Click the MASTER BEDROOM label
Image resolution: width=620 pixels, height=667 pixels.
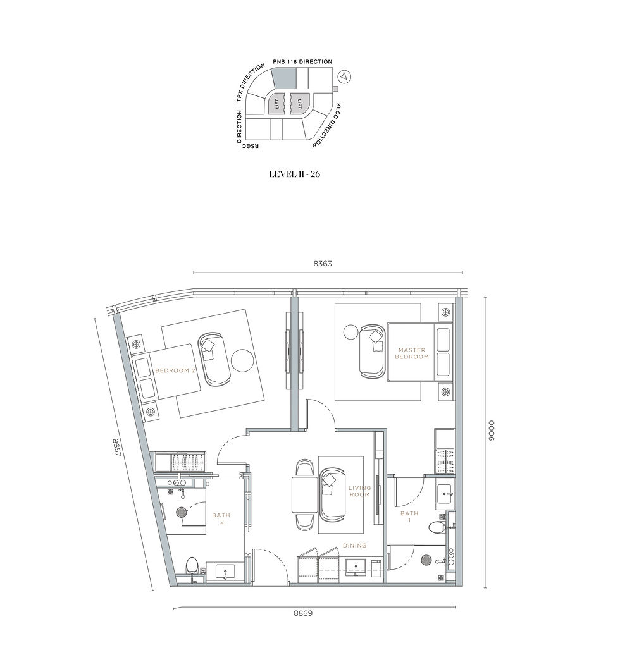click(412, 353)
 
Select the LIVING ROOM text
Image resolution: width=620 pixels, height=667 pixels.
click(359, 491)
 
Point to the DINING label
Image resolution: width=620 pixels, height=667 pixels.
click(354, 545)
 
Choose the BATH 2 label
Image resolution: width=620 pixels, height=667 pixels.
click(221, 519)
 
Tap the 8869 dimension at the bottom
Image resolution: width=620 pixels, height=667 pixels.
click(302, 613)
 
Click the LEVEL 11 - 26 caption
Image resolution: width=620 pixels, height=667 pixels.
click(295, 174)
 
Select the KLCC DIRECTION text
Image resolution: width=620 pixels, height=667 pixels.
click(327, 125)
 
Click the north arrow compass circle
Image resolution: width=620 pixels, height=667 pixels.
click(344, 76)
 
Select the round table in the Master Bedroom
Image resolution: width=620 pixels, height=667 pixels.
click(350, 333)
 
